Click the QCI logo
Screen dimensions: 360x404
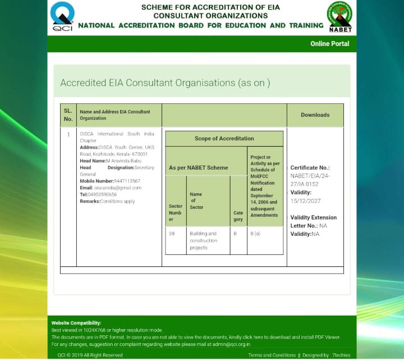(62, 16)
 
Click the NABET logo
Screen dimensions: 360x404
(340, 16)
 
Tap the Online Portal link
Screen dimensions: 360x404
(329, 44)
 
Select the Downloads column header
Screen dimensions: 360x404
(315, 115)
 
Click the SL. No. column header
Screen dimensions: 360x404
(68, 115)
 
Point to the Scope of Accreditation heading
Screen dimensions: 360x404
(224, 139)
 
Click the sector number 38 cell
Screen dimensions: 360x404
(172, 234)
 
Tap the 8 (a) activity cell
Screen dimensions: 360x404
(255, 234)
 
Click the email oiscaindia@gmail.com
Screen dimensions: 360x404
(118, 188)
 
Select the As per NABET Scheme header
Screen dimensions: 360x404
(199, 167)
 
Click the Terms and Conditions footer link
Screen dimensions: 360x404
(272, 355)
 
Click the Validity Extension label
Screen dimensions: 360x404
(314, 217)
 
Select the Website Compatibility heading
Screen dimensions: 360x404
(76, 323)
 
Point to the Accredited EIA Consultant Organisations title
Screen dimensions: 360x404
(165, 83)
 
